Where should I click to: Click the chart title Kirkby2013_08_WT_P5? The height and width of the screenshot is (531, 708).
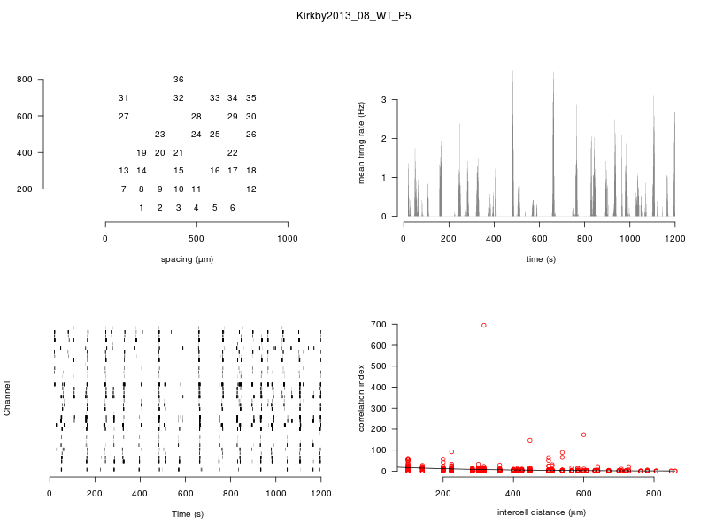click(354, 16)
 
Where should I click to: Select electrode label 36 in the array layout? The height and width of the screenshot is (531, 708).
click(179, 80)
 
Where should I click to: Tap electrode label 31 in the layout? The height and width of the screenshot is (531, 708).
click(123, 97)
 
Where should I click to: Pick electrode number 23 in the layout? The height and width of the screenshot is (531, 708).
click(159, 135)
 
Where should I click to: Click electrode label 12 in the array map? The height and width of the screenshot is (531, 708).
click(251, 189)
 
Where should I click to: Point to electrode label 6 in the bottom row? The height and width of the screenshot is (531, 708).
click(232, 208)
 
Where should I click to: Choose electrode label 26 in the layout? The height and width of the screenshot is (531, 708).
click(251, 135)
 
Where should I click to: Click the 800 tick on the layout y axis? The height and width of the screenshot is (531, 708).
click(25, 80)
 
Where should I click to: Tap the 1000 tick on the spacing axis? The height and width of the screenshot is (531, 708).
click(288, 239)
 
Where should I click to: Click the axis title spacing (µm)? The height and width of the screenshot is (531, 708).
click(187, 259)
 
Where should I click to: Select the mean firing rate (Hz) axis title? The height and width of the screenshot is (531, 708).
click(361, 143)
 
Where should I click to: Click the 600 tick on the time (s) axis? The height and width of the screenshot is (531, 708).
click(539, 239)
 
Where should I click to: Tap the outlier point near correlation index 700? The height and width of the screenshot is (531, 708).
click(483, 325)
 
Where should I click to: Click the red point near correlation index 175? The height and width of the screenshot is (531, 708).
click(583, 435)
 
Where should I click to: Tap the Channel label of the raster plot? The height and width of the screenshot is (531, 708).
click(8, 398)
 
